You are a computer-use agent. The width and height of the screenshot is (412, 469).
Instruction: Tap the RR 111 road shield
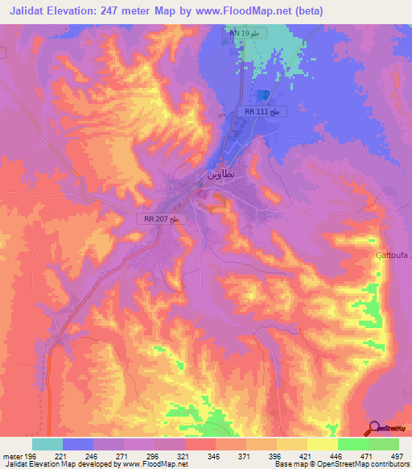(x=262, y=111)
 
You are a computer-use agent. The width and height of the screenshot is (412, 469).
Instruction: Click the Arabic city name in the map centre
(x=220, y=173)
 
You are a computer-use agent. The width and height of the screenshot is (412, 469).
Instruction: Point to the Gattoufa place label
(x=392, y=255)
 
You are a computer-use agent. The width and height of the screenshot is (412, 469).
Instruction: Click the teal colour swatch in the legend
(x=47, y=444)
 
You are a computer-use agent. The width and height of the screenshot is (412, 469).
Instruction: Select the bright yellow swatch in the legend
(x=323, y=444)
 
